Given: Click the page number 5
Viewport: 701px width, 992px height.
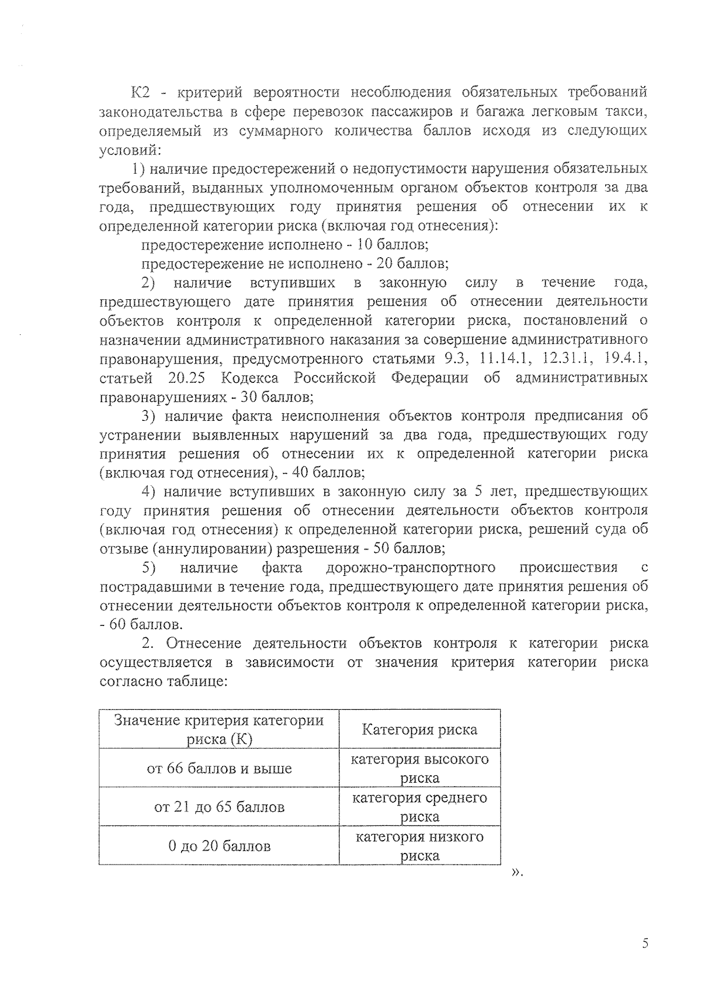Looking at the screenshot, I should pyautogui.click(x=645, y=943).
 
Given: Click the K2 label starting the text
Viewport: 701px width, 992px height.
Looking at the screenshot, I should pyautogui.click(x=142, y=92).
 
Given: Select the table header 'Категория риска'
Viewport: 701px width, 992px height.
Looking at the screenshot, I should pyautogui.click(x=419, y=730).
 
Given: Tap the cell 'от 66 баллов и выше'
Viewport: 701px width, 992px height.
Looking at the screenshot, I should pyautogui.click(x=219, y=768).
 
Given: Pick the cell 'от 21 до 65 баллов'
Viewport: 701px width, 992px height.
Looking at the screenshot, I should pyautogui.click(x=219, y=807).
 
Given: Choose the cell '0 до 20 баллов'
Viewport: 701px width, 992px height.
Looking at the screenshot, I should pyautogui.click(x=219, y=846).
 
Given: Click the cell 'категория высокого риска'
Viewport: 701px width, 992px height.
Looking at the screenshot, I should pyautogui.click(x=419, y=768).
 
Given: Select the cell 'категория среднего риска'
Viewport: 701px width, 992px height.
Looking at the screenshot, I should pyautogui.click(x=419, y=807).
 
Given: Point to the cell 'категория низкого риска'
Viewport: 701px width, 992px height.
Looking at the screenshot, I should pyautogui.click(x=419, y=846).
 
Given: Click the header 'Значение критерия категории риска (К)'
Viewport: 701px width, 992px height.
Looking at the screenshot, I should pyautogui.click(x=219, y=730).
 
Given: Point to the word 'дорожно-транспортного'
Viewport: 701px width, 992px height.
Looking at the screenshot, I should pyautogui.click(x=411, y=568).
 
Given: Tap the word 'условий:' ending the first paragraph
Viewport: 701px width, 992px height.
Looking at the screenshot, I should pyautogui.click(x=129, y=150).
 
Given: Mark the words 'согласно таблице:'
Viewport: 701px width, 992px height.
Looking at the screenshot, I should pyautogui.click(x=163, y=682).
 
